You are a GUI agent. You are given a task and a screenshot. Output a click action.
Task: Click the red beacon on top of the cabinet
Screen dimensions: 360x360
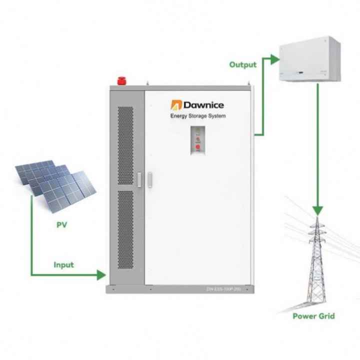coord(120,80)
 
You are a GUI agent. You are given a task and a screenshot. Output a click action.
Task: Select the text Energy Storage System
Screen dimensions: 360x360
coord(198,116)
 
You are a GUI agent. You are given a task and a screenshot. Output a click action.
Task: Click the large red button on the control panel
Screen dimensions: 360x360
coord(198,147)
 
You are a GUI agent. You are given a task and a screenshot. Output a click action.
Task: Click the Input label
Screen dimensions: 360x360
coord(64,264)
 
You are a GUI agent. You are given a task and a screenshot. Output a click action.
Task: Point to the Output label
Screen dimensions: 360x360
coord(242,64)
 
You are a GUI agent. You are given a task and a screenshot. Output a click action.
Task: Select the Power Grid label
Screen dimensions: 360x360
coord(313,316)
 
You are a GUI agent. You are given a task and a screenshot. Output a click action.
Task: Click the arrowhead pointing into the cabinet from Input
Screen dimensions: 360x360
coord(101,274)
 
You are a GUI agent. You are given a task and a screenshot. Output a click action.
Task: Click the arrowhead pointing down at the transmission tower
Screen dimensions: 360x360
coord(317,211)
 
